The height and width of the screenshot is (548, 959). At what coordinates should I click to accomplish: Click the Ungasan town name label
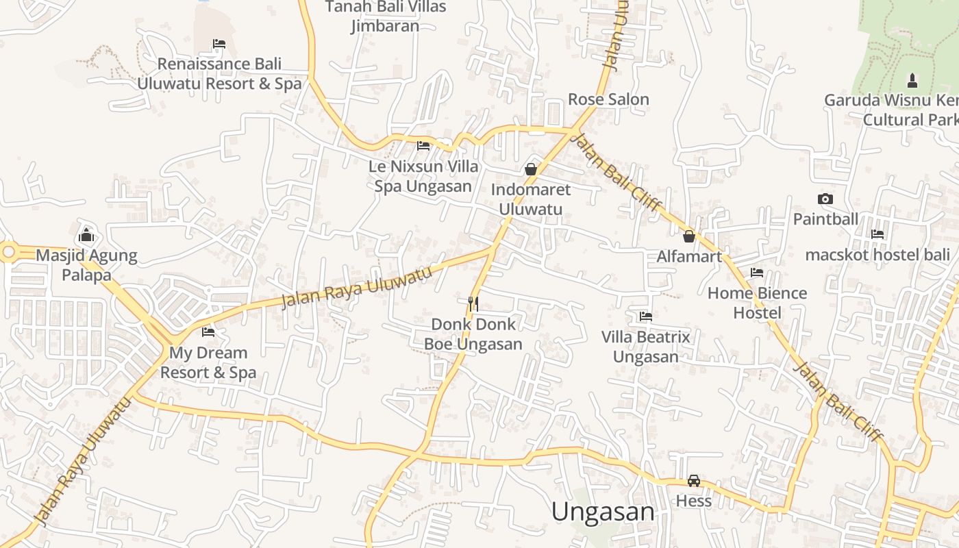tap(603, 512)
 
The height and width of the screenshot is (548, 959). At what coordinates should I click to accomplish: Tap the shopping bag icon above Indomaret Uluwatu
tap(531, 169)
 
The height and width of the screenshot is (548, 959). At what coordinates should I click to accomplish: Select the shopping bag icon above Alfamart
tap(689, 236)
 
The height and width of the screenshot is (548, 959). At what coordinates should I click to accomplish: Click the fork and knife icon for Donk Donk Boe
tap(473, 303)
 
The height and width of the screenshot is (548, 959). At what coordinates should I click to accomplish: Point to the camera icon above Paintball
tap(825, 199)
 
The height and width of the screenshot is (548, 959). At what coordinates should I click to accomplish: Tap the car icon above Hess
tap(694, 481)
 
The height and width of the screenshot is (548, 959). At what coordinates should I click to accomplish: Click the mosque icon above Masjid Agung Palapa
tap(86, 236)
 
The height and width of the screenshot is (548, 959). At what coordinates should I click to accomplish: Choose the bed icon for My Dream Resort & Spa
tap(208, 332)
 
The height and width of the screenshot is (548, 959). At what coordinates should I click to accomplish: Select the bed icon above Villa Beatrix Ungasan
tap(645, 316)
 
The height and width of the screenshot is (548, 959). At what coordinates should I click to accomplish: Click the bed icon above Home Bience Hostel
tap(757, 273)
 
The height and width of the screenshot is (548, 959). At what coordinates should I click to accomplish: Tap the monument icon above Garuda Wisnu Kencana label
tap(912, 80)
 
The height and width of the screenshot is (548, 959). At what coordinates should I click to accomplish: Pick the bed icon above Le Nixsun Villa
tap(423, 146)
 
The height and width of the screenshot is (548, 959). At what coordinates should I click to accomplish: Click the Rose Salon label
tap(608, 99)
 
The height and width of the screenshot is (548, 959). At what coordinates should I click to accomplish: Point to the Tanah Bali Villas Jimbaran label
tap(385, 16)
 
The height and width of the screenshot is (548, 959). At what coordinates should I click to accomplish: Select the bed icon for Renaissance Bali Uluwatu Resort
tap(219, 44)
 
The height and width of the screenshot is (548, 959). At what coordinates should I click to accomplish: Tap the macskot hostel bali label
tap(877, 255)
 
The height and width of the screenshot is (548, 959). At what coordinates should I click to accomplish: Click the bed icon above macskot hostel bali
tap(877, 234)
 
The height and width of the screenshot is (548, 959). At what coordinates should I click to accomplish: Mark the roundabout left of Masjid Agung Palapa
tap(8, 252)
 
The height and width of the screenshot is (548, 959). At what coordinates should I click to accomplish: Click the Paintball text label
tap(825, 219)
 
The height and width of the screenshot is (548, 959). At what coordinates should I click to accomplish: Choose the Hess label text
tap(694, 501)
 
